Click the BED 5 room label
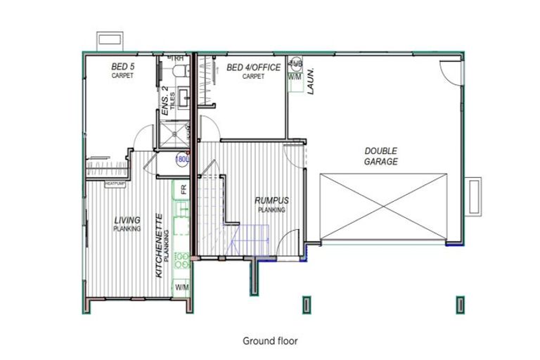123,67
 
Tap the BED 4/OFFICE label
253,67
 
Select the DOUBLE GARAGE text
381,156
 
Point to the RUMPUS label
271,201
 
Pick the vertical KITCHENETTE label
160,245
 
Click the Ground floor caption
270,341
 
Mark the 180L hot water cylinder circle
182,159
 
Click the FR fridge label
183,190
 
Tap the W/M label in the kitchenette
182,287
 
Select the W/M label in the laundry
295,77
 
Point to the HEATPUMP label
115,184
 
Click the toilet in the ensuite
180,69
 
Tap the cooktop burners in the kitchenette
182,261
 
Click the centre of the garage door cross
384,207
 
